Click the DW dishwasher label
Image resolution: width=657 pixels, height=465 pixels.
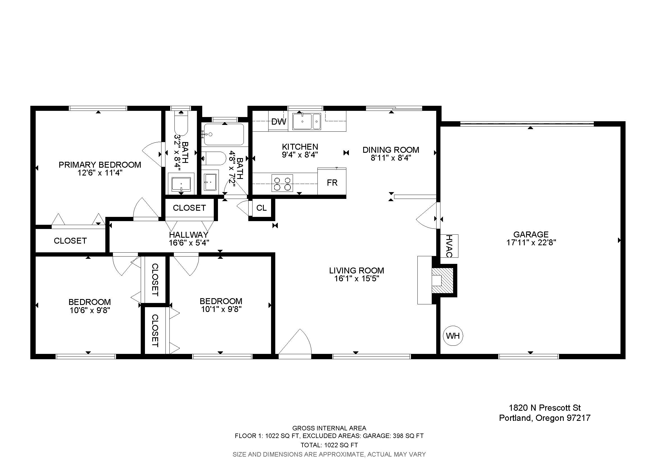pyautogui.click(x=278, y=122)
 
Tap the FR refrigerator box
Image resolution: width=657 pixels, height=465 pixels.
pyautogui.click(x=332, y=181)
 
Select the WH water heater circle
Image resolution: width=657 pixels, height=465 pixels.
pyautogui.click(x=453, y=336)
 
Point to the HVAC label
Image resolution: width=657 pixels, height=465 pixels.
pyautogui.click(x=449, y=246)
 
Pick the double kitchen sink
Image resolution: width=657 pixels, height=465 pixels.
pyautogui.click(x=306, y=122)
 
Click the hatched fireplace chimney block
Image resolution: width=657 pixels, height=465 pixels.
pyautogui.click(x=443, y=280)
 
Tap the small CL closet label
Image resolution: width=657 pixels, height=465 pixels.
pyautogui.click(x=261, y=208)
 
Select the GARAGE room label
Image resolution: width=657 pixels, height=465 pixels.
pyautogui.click(x=531, y=234)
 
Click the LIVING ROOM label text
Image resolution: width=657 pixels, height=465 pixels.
pyautogui.click(x=356, y=270)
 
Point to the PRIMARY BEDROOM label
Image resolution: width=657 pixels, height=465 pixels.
pyautogui.click(x=100, y=165)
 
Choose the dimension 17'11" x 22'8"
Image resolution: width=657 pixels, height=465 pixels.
pyautogui.click(x=531, y=243)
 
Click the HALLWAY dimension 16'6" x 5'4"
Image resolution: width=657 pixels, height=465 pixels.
pyautogui.click(x=189, y=243)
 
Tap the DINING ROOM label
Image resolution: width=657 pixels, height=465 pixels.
pyautogui.click(x=391, y=150)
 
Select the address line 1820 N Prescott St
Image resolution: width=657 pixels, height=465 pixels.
pyautogui.click(x=545, y=408)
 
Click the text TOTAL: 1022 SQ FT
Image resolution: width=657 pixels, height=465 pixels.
pyautogui.click(x=329, y=445)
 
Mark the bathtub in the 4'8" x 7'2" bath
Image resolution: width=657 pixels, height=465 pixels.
pyautogui.click(x=224, y=134)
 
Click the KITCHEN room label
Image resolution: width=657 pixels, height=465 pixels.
pyautogui.click(x=300, y=147)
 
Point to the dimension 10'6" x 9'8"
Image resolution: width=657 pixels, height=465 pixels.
pyautogui.click(x=90, y=310)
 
